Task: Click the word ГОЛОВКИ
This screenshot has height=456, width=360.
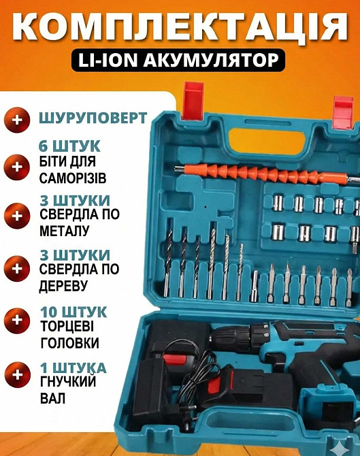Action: click(69, 342)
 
